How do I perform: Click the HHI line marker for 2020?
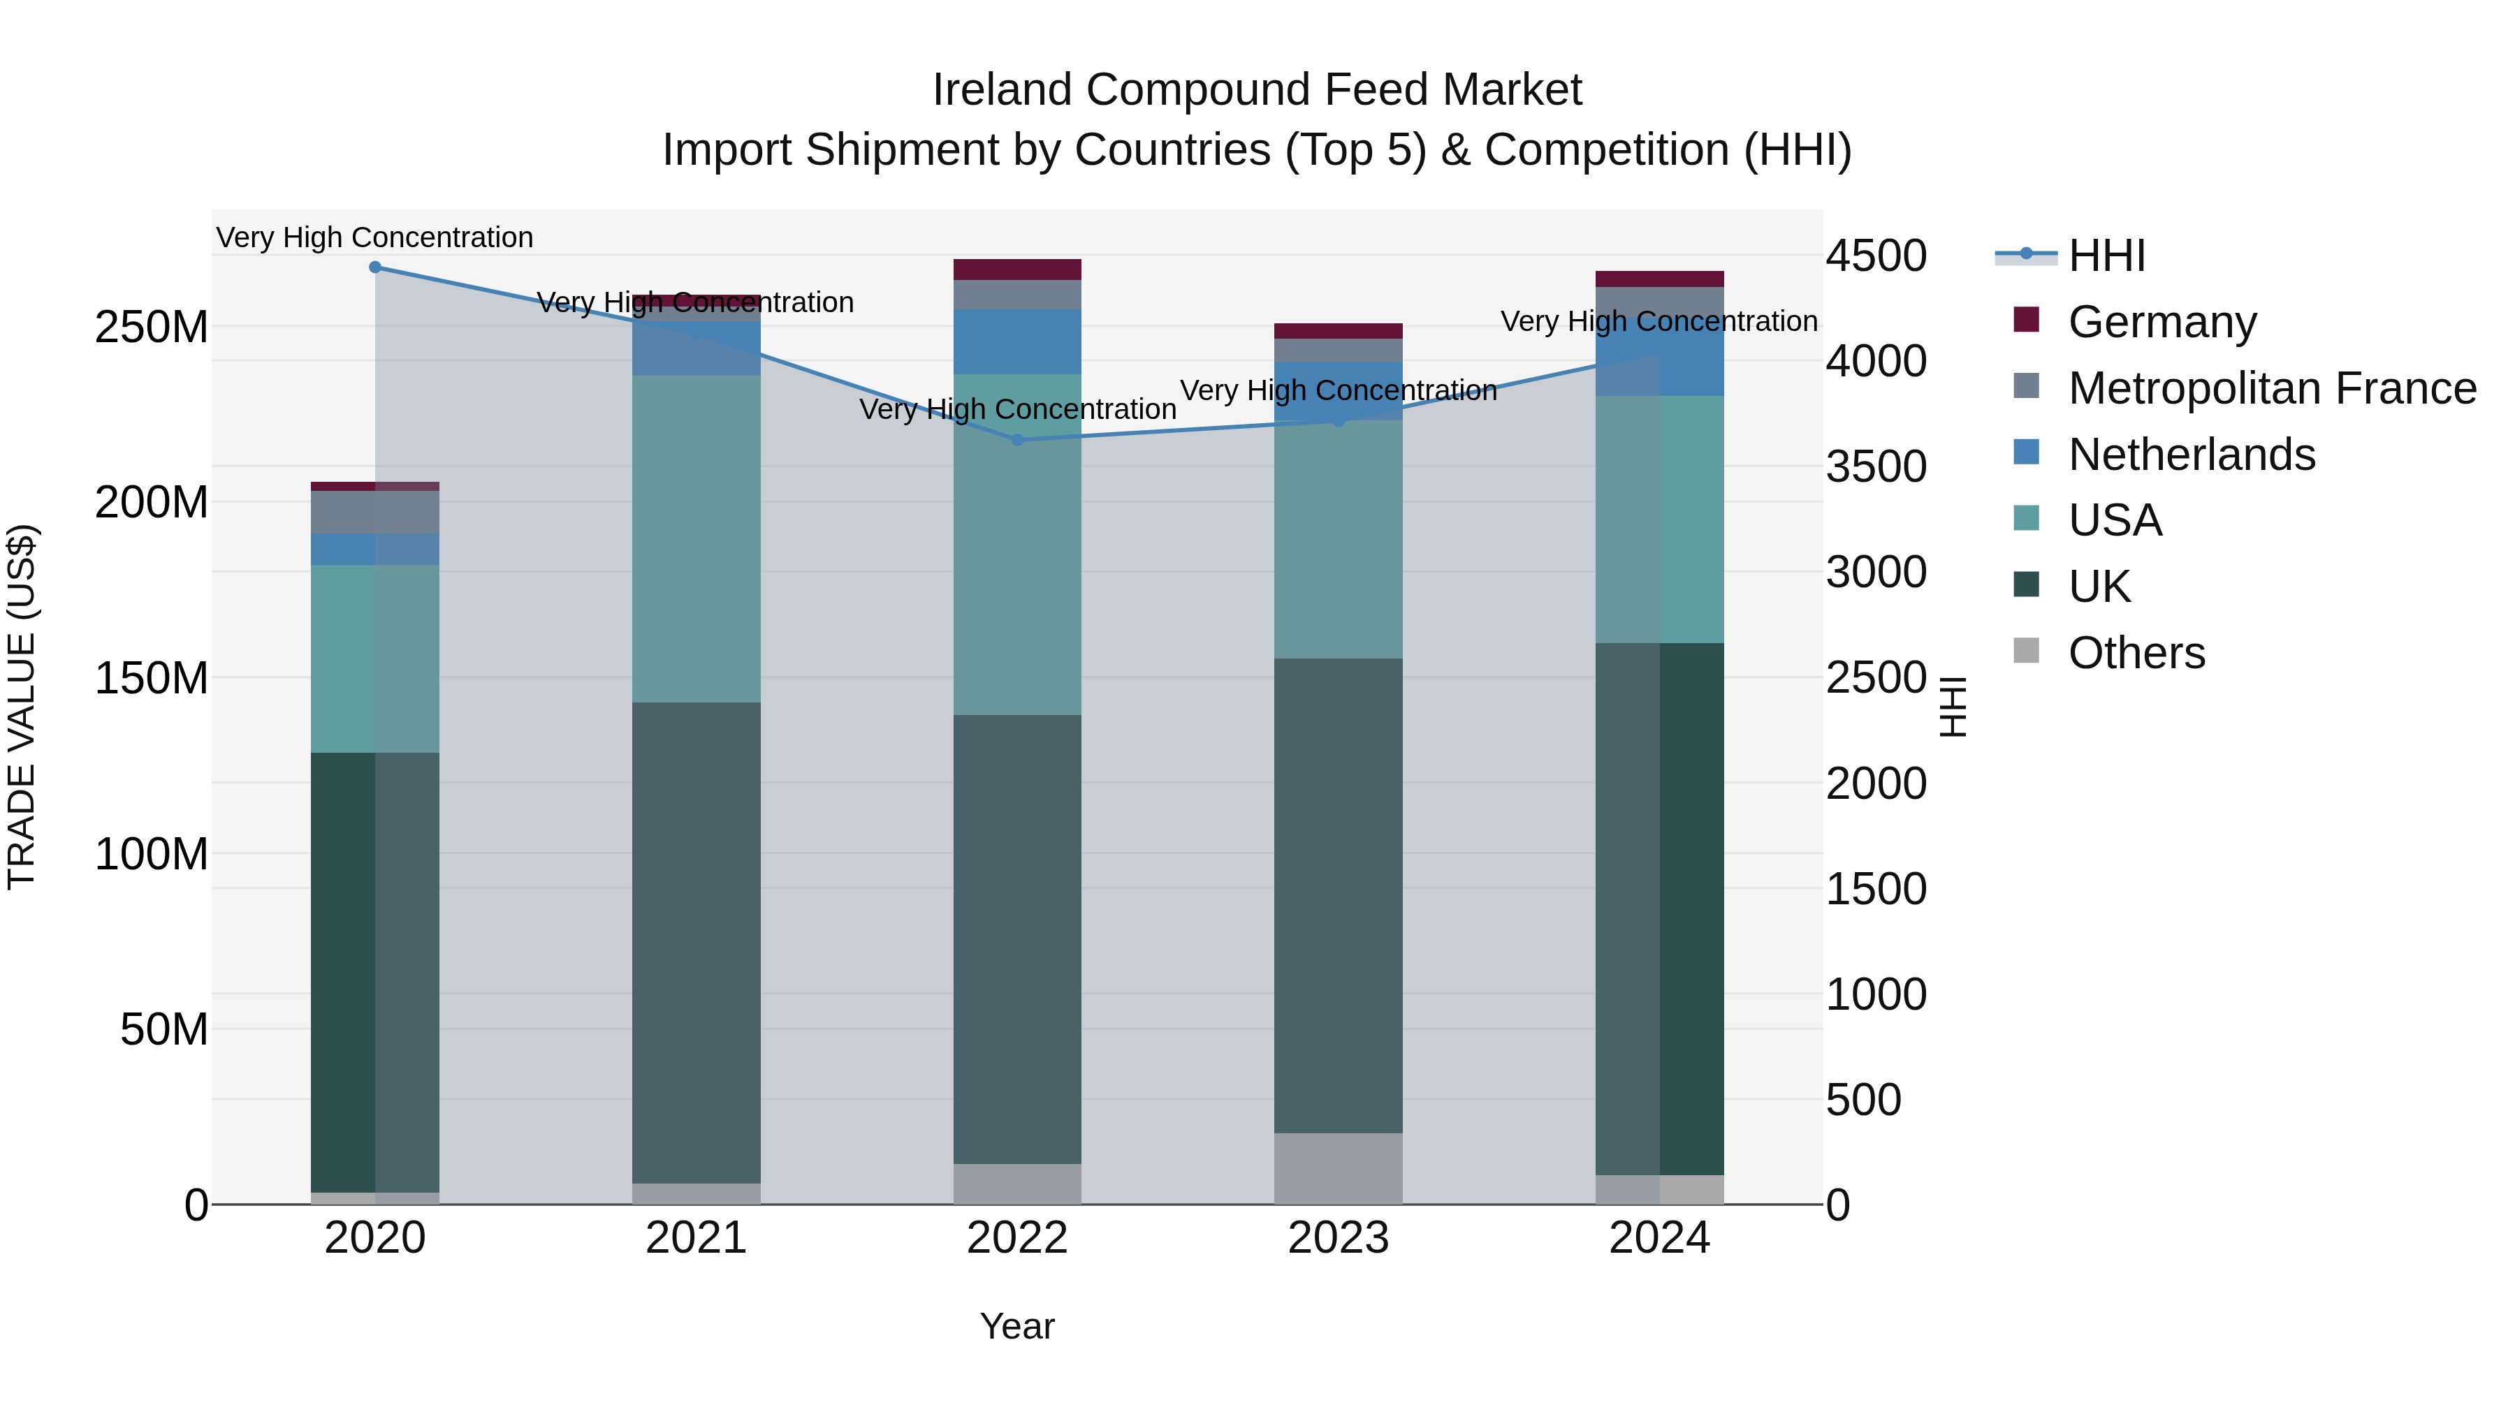[x=375, y=267]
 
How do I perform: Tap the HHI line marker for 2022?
[x=1017, y=440]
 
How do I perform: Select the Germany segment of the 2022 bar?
[x=1017, y=270]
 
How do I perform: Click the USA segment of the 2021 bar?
[x=696, y=538]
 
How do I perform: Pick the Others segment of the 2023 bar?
[x=1339, y=1168]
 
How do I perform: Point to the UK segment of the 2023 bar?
[x=1339, y=895]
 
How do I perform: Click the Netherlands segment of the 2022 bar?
[x=1017, y=341]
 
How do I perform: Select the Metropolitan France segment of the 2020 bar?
[x=375, y=513]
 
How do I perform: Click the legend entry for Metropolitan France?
[x=2271, y=388]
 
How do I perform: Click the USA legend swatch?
[x=2027, y=518]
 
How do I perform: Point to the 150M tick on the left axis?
[x=152, y=678]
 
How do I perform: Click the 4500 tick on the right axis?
[x=1876, y=256]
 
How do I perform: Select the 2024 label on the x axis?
[x=1659, y=1238]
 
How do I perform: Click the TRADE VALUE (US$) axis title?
[x=22, y=707]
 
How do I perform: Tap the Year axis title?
[x=1017, y=1326]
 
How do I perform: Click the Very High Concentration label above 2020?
[x=375, y=237]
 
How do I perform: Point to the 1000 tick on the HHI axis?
[x=1876, y=994]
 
